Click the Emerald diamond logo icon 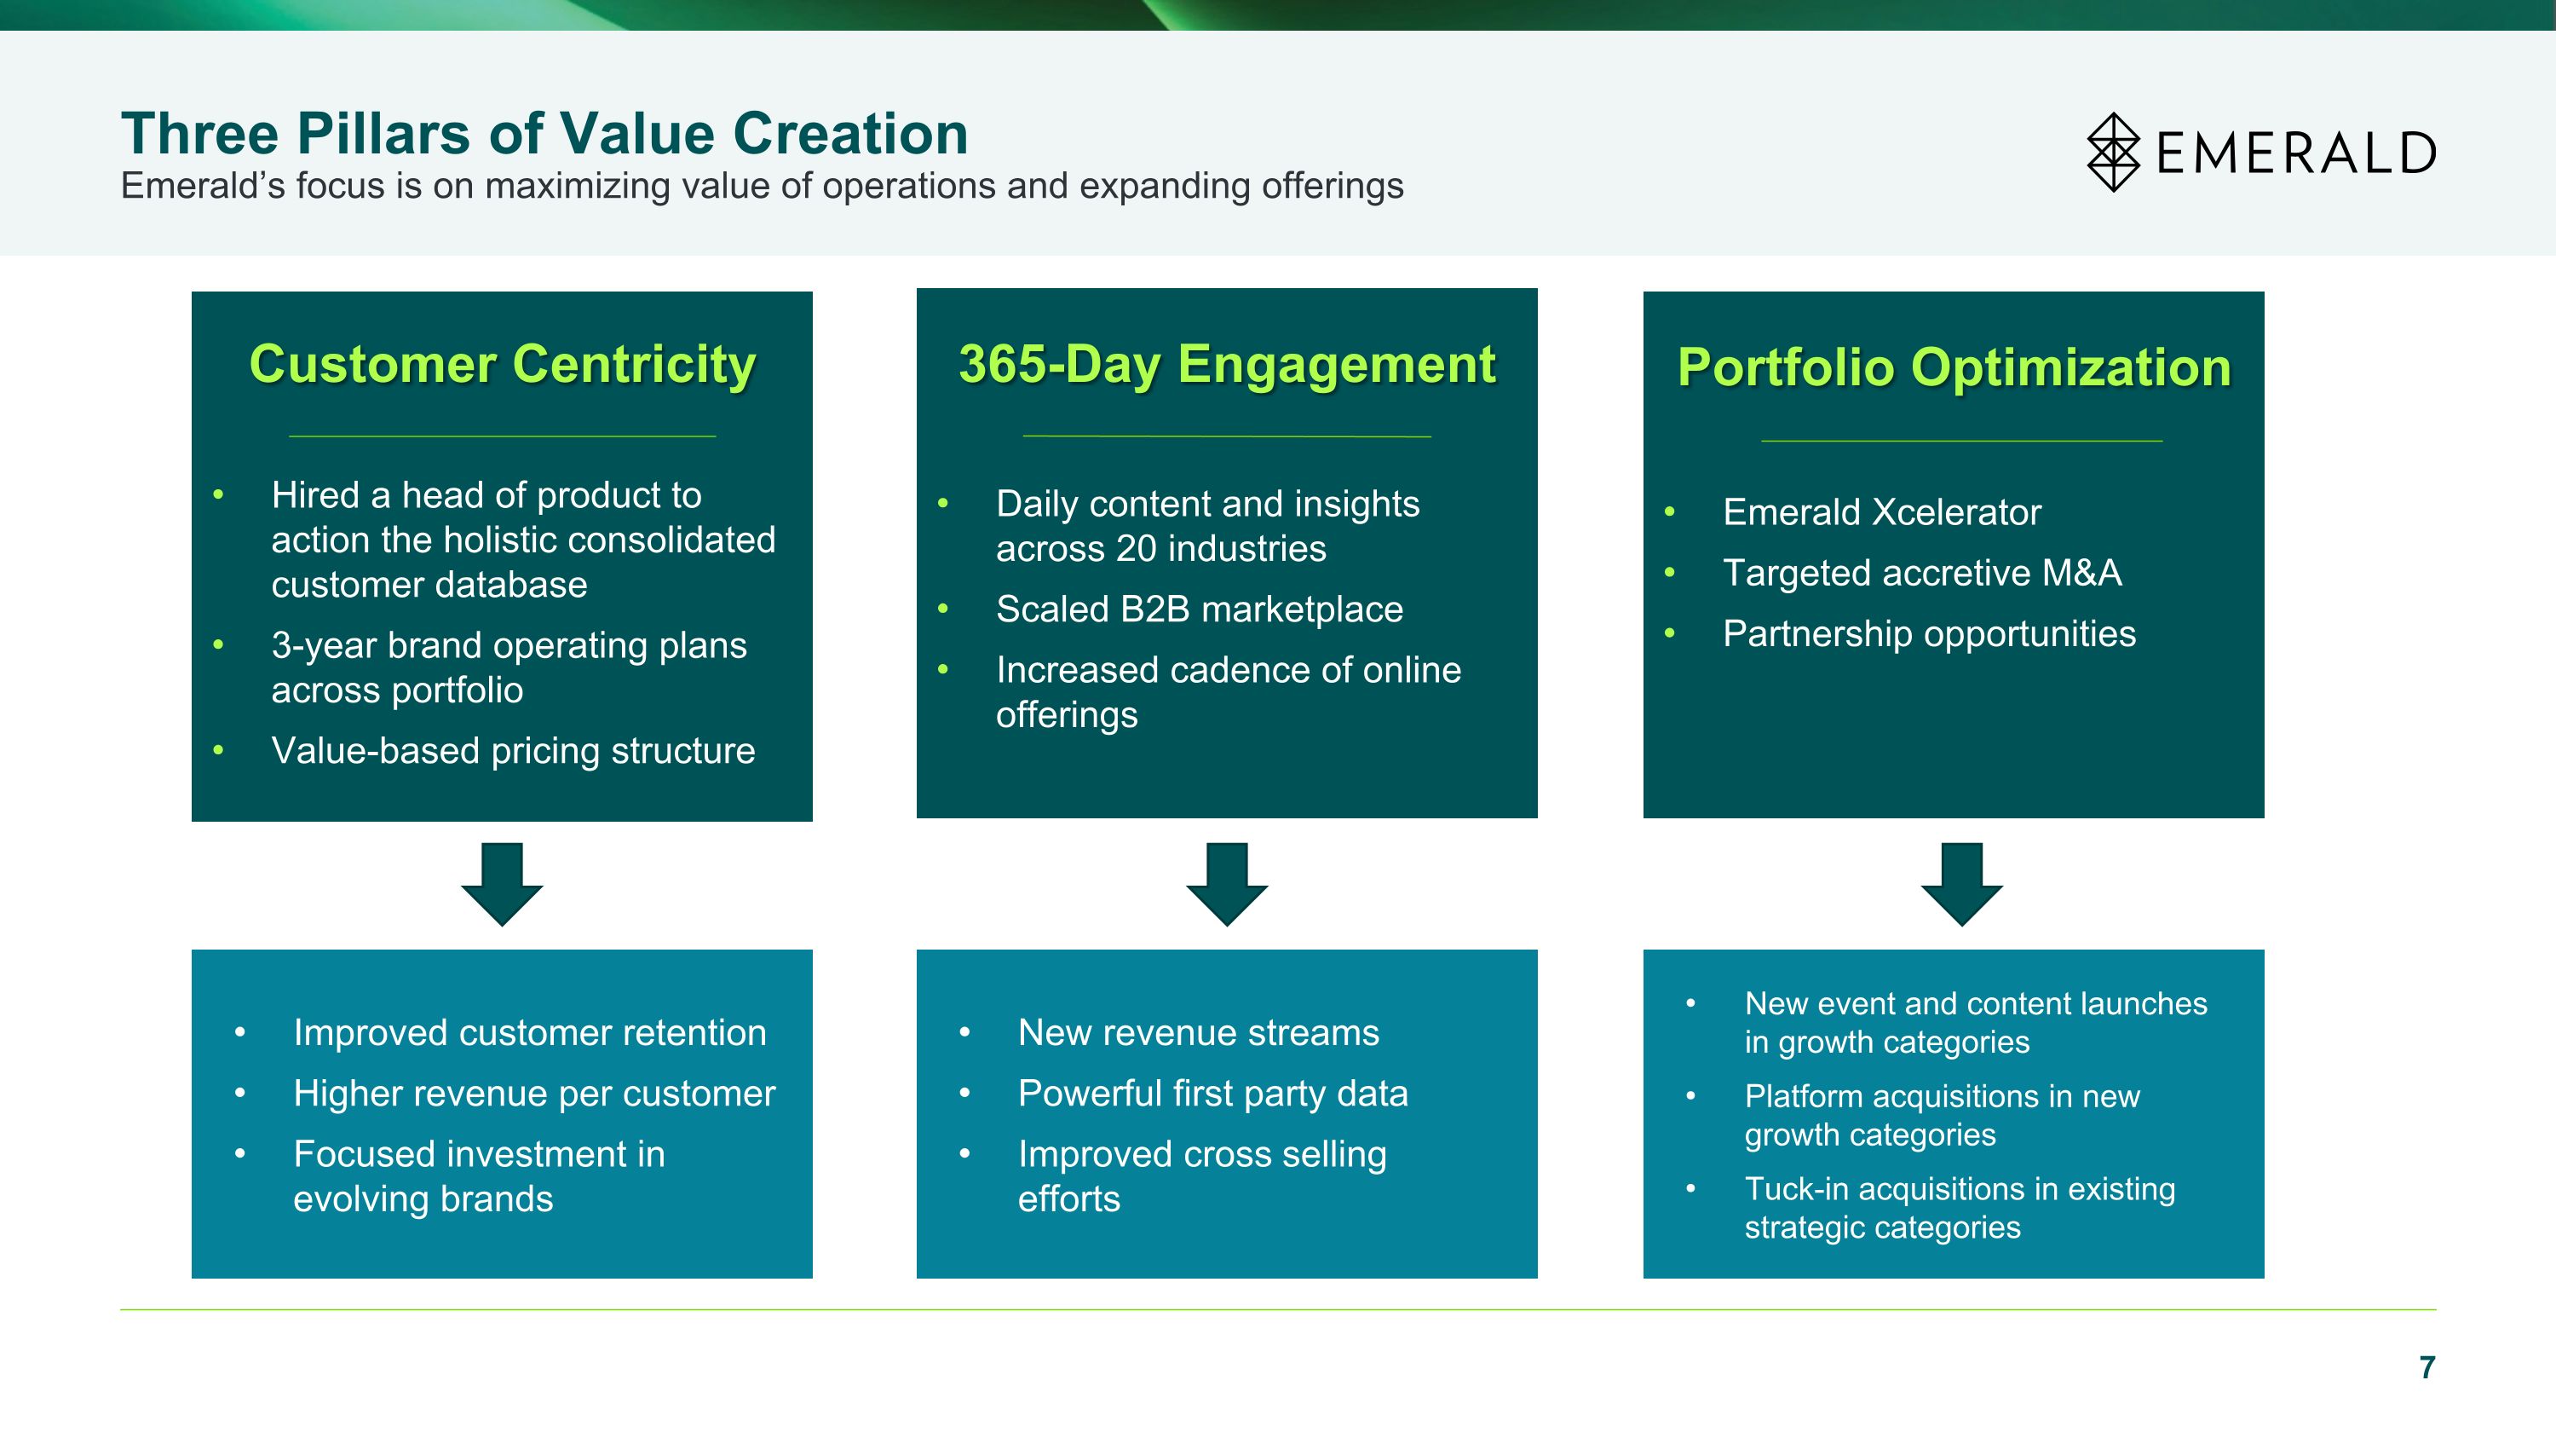[2114, 152]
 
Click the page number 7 [2427, 1367]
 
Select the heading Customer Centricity [502, 364]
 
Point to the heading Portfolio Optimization [1954, 368]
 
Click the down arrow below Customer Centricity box [502, 883]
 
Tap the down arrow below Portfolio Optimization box [1961, 883]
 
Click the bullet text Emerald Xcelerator [1881, 512]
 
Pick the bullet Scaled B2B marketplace [1199, 609]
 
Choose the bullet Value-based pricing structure [513, 751]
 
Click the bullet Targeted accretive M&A [1922, 573]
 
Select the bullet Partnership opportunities [1929, 634]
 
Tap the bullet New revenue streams [1198, 1033]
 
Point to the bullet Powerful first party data [1212, 1094]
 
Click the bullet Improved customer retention [530, 1033]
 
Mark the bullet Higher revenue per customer [534, 1094]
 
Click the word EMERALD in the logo [2296, 153]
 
